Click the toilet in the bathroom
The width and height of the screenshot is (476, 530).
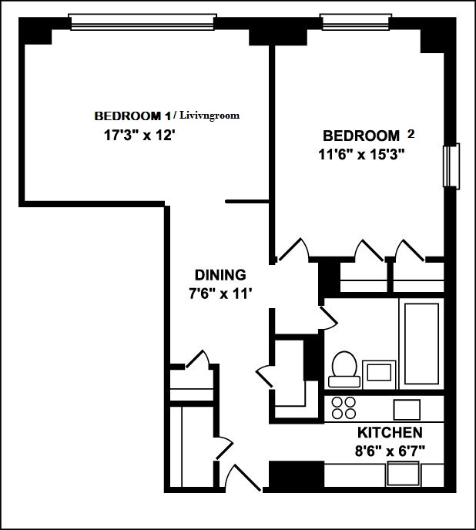pos(342,368)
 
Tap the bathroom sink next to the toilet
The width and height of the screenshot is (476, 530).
pos(377,371)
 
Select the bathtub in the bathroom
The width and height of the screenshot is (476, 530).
pos(420,344)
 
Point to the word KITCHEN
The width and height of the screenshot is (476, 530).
pos(390,432)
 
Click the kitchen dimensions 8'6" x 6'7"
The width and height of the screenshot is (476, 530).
pos(390,448)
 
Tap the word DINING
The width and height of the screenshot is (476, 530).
pos(220,275)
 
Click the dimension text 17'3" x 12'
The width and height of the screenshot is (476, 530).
pos(136,135)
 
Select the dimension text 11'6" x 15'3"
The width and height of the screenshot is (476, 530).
pos(362,153)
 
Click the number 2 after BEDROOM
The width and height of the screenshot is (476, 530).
pos(411,133)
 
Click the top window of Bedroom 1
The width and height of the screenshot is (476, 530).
pos(142,22)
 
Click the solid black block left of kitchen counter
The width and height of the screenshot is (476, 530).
pos(296,473)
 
